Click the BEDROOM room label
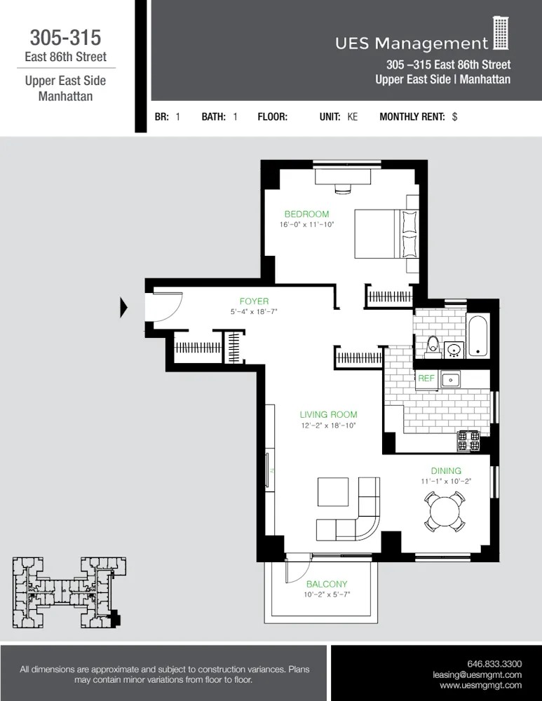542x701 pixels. (x=306, y=214)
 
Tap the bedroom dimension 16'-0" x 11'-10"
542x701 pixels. (x=306, y=225)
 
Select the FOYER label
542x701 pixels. (x=254, y=301)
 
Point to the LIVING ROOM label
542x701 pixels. (x=328, y=414)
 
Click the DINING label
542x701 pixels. (x=446, y=471)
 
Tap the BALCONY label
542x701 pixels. (x=327, y=584)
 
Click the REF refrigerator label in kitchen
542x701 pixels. (x=426, y=379)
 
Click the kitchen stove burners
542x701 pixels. (x=468, y=440)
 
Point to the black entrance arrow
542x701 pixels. (x=124, y=308)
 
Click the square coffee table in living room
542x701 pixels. (x=333, y=492)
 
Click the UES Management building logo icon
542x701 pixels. (x=501, y=34)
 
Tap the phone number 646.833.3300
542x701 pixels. (x=494, y=663)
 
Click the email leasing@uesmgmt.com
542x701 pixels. (x=477, y=674)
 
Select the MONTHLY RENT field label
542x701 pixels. (x=412, y=117)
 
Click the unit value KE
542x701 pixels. (x=352, y=117)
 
